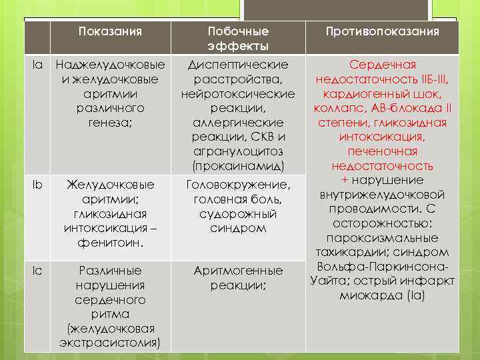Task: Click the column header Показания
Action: point(111,31)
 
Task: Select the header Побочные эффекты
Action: point(238,39)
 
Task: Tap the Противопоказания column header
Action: point(382,31)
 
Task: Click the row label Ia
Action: point(39,65)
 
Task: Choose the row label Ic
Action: point(39,270)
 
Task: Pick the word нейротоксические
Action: point(238,94)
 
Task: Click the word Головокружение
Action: point(238,184)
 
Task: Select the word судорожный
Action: point(238,213)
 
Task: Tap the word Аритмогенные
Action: point(238,271)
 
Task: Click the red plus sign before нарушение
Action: point(345,180)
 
